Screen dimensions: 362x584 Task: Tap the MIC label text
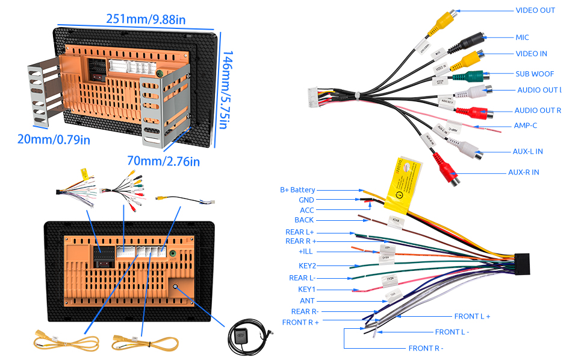point(522,37)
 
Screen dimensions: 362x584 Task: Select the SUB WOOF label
point(535,74)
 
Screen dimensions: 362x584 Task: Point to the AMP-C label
point(525,125)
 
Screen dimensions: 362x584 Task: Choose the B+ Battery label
point(297,190)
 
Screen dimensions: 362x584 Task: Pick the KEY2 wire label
point(307,265)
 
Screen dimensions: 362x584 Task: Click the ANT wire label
point(307,301)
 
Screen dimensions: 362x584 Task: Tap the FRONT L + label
point(472,316)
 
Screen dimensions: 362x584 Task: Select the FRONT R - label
point(426,348)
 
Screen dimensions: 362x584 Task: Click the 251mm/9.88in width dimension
point(146,19)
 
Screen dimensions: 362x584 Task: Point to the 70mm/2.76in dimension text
point(163,161)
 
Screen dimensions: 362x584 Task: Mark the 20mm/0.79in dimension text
point(54,139)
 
